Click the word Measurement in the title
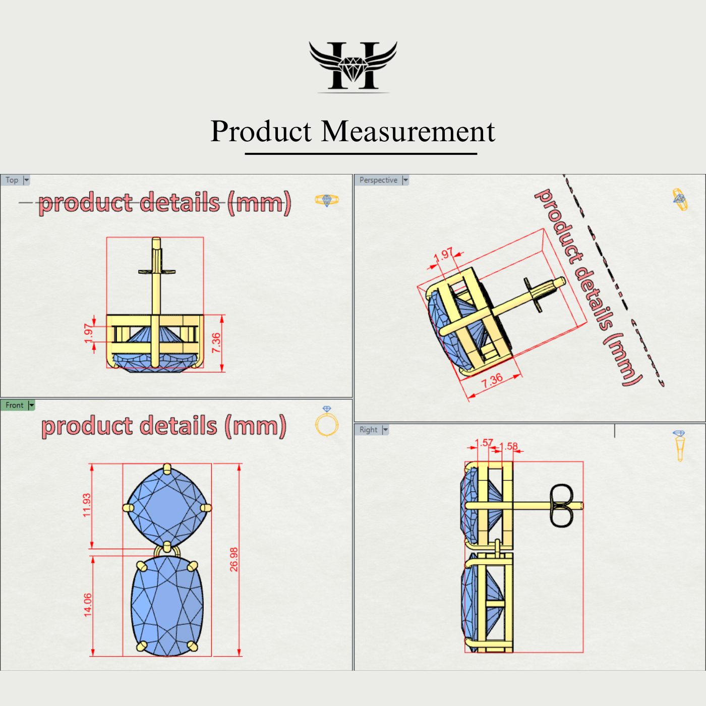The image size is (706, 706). click(408, 132)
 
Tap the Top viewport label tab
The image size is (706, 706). click(12, 180)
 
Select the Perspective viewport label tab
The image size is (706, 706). click(378, 180)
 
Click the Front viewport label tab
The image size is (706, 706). click(14, 405)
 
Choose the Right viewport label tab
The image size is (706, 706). click(368, 430)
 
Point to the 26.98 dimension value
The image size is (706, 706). click(234, 559)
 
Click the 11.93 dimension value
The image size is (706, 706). click(87, 505)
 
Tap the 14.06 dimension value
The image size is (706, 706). click(88, 605)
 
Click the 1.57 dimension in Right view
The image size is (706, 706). click(485, 443)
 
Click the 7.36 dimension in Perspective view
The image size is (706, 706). click(492, 380)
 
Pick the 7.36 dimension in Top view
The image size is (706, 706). click(216, 343)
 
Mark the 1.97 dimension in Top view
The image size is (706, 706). click(88, 333)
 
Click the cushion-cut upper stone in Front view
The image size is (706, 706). click(167, 506)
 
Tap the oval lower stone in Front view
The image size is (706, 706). click(167, 605)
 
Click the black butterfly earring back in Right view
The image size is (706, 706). click(561, 506)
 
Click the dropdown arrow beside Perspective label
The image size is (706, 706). click(405, 180)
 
